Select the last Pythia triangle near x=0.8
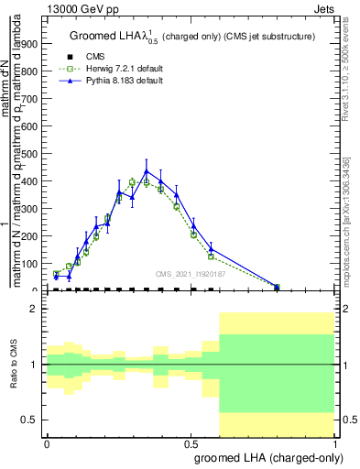(277, 287)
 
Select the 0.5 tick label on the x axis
(191, 442)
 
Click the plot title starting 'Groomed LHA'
(191, 37)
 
